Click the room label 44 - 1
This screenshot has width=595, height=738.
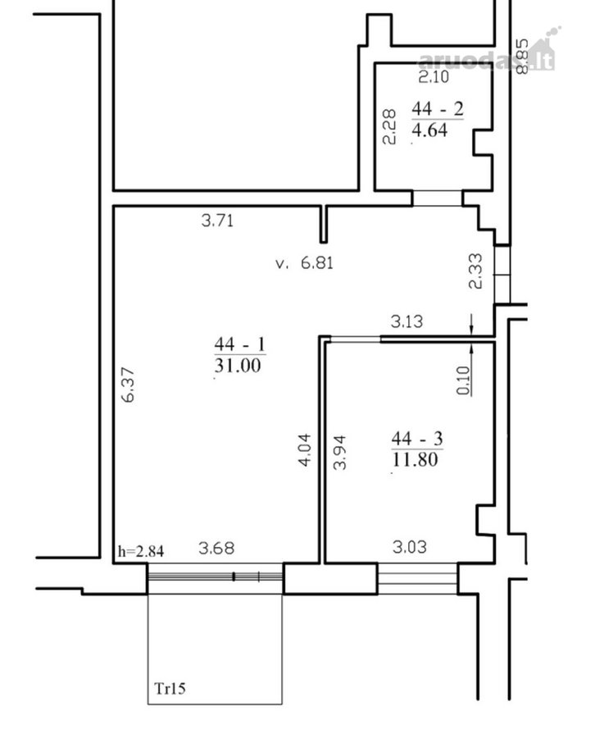click(x=240, y=344)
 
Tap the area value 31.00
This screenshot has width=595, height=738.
click(x=238, y=365)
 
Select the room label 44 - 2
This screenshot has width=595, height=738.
click(x=438, y=109)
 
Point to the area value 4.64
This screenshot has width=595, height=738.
click(x=429, y=130)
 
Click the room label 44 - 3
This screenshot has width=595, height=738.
click(x=417, y=439)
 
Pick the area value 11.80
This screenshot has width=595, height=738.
click(x=415, y=459)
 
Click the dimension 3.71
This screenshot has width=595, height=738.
click(x=217, y=221)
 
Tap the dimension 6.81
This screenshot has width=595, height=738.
click(x=317, y=262)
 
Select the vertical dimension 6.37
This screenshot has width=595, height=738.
click(x=128, y=385)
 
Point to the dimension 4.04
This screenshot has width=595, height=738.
click(x=305, y=449)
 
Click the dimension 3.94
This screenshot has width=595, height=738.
click(x=339, y=453)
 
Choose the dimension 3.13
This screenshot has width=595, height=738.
click(x=407, y=321)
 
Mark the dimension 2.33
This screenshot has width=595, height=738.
click(x=475, y=271)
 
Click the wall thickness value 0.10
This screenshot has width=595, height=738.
click(x=463, y=380)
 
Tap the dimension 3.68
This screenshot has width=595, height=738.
click(x=216, y=548)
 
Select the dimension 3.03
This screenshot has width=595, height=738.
click(x=410, y=547)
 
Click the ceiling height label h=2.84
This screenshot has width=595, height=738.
click(x=141, y=551)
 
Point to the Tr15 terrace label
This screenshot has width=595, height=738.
click(x=170, y=689)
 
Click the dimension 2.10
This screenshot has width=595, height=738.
click(x=434, y=77)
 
